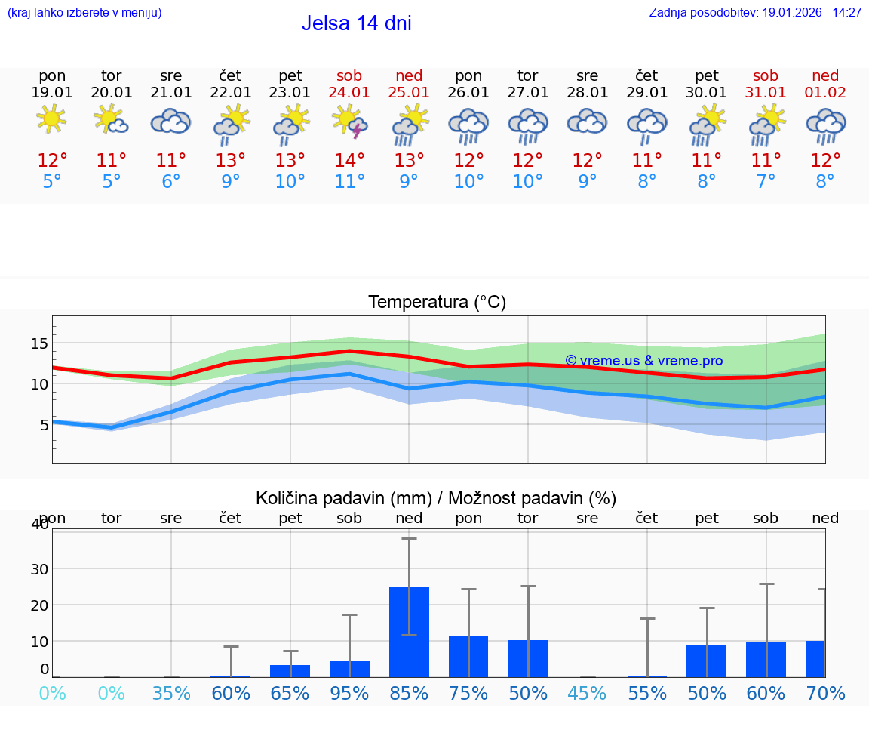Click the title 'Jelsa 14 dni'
point(356,23)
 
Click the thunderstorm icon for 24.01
point(350,122)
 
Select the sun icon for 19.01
point(51,119)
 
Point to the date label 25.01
point(409,93)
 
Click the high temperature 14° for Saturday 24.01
point(349,161)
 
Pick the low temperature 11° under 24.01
point(349,182)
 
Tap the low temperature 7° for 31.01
point(766,182)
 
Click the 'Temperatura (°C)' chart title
point(437,303)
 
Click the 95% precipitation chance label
point(349,694)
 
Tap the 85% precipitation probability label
point(409,694)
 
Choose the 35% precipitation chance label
point(171,694)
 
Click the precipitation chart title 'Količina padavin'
point(435,498)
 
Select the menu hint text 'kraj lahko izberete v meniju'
point(84,13)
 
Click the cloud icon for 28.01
point(587,122)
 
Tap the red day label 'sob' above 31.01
point(766,75)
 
